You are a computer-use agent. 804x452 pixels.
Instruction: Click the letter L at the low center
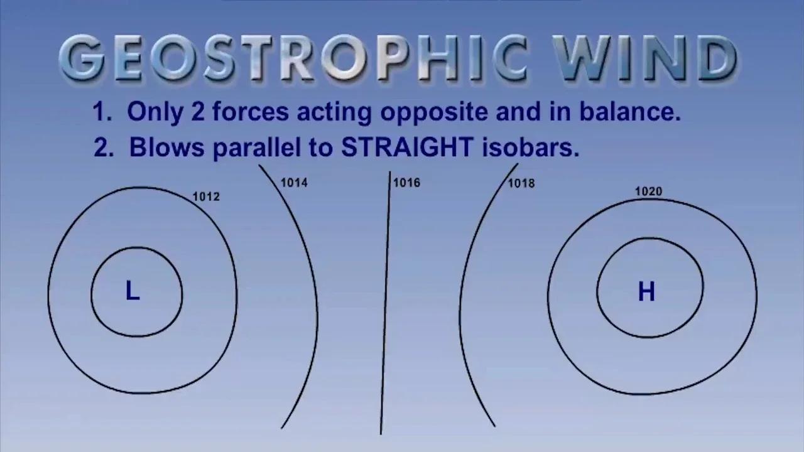coord(132,292)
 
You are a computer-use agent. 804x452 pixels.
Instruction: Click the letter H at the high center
coord(646,292)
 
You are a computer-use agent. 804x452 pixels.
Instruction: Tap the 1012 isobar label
coord(206,196)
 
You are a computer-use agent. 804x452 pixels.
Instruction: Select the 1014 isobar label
coord(294,183)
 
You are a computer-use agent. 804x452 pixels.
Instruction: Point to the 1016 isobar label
coord(406,183)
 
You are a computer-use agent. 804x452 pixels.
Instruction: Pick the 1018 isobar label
coord(521,183)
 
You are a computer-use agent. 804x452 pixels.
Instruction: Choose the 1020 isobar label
coord(648,191)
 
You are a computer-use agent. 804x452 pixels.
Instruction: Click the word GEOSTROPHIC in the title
coord(294,58)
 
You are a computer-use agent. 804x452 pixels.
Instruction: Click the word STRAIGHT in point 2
coord(407,148)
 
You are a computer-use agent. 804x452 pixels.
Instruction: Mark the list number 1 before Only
coord(101,112)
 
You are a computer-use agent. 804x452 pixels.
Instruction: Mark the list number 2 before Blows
coord(102,148)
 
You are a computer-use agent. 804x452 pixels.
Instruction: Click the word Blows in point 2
coord(166,148)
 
